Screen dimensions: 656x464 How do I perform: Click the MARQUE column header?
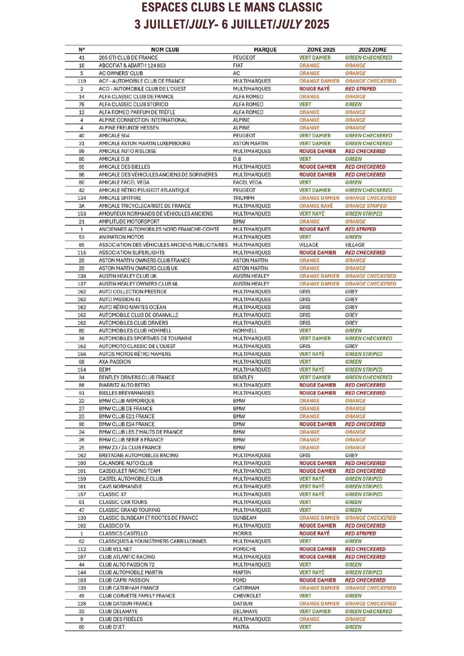pos(265,50)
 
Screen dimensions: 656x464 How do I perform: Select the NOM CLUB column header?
pos(165,50)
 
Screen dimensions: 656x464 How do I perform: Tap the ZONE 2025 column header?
pos(321,50)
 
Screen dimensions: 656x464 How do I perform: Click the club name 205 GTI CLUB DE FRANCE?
pos(128,58)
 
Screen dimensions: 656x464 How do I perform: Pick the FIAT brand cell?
pos(238,65)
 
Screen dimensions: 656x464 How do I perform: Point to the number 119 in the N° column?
pos(82,81)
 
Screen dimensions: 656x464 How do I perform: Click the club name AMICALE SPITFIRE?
pos(120,198)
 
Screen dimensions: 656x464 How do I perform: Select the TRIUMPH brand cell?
pos(244,198)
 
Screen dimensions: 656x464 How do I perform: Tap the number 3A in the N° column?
pos(82,206)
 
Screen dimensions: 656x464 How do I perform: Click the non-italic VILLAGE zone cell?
pos(308,245)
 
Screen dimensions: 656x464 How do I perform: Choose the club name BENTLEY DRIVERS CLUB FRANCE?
pos(137,378)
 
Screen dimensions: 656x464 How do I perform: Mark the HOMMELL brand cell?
pos(245,331)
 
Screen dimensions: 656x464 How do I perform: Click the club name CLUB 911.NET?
pos(115,549)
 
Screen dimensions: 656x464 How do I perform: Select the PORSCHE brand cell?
pos(244,549)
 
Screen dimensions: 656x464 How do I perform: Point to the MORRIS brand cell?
pos(242,533)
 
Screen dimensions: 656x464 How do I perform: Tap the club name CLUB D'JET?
pos(112,627)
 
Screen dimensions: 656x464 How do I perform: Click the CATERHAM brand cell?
pos(246,588)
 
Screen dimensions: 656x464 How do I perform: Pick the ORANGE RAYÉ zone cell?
pos(316,206)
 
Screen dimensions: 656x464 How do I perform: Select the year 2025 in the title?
pos(316,25)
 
